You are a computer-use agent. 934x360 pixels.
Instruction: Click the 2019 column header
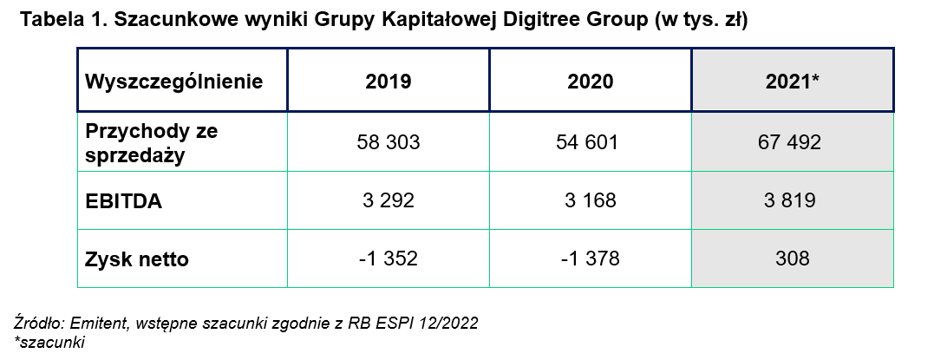tap(388, 82)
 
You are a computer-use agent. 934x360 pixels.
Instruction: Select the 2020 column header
tap(590, 82)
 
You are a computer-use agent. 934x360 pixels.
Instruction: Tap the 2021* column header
tap(793, 82)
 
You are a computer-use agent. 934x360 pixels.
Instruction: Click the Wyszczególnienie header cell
tap(173, 82)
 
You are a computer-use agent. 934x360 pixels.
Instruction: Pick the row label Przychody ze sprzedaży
tap(152, 141)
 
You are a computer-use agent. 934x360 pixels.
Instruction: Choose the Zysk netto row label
tap(137, 259)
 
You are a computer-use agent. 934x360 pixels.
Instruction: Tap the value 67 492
tap(792, 141)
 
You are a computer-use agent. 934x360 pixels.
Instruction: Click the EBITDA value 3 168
tap(590, 201)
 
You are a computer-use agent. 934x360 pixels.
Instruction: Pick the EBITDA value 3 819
tap(792, 201)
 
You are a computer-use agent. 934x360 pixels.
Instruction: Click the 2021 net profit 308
tap(792, 259)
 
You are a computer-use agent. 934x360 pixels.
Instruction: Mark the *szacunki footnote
tap(49, 341)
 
